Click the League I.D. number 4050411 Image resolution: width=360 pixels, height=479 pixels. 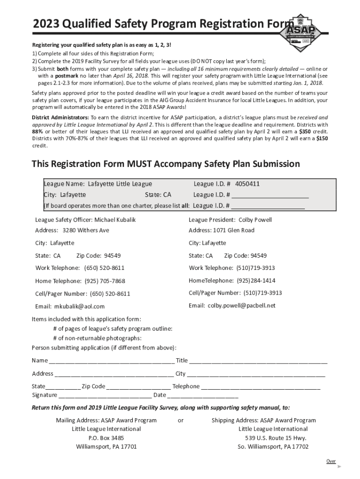247,184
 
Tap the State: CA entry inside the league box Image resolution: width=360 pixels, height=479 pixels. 158,195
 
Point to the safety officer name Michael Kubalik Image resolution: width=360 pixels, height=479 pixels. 115,220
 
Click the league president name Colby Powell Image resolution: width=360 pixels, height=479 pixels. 255,220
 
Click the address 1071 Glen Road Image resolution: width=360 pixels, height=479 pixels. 234,230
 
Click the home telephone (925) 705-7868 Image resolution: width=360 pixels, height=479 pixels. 105,281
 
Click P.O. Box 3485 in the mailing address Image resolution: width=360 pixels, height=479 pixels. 106,438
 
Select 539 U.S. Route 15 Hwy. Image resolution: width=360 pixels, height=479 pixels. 276,438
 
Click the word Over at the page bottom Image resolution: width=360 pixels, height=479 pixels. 331,461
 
